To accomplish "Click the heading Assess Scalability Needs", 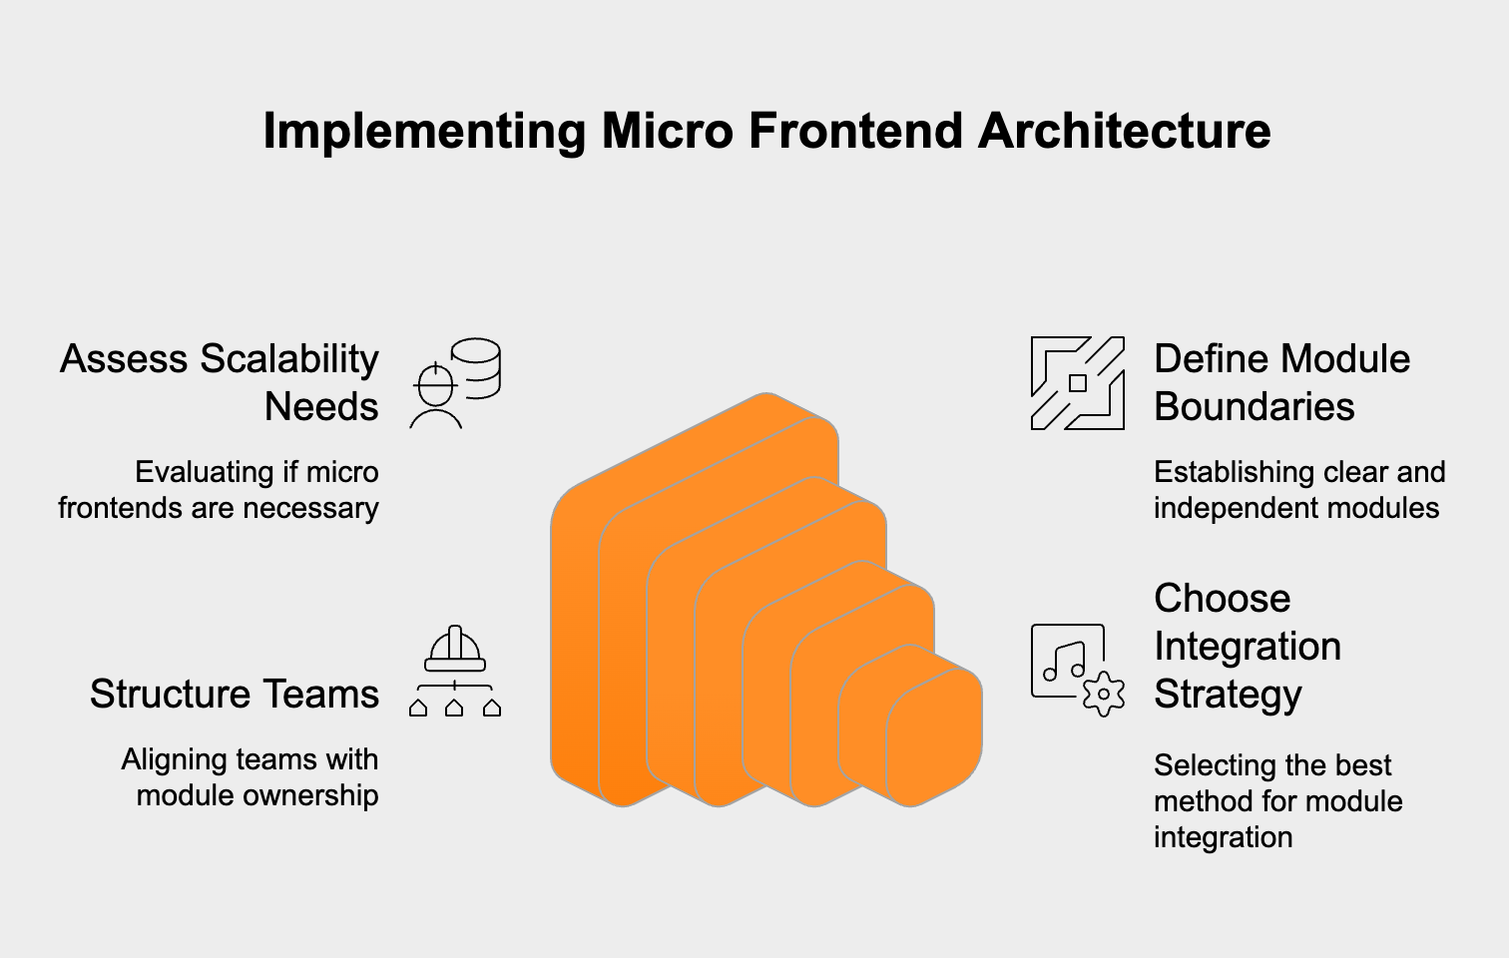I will pyautogui.click(x=221, y=382).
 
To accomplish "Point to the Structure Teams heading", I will pyautogui.click(x=235, y=694).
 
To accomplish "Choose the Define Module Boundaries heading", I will pyautogui.click(x=1281, y=382).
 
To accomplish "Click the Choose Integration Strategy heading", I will pyautogui.click(x=1248, y=646).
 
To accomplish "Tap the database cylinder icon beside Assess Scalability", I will pyautogui.click(x=476, y=367).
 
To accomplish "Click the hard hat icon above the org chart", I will pyautogui.click(x=455, y=650).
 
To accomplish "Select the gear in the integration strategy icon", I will pyautogui.click(x=1103, y=694).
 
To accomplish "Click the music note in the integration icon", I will pyautogui.click(x=1064, y=661).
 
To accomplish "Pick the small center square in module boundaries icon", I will pyautogui.click(x=1078, y=383).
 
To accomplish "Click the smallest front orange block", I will pyautogui.click(x=933, y=738).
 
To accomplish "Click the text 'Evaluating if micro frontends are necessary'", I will pyautogui.click(x=219, y=490).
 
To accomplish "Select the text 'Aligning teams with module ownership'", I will pyautogui.click(x=250, y=777).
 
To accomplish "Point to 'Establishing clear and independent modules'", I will pyautogui.click(x=1299, y=490).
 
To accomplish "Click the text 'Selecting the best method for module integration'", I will pyautogui.click(x=1277, y=801).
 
